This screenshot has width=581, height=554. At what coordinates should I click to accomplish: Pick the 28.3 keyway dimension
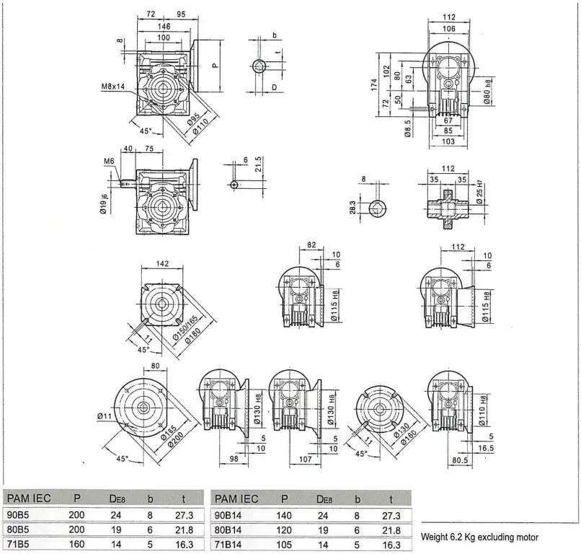point(353,208)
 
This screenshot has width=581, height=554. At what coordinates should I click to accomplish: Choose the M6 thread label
point(110,161)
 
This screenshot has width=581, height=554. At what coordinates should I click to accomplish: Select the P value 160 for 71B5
point(76,545)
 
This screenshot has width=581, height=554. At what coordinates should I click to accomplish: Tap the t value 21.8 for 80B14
point(391,530)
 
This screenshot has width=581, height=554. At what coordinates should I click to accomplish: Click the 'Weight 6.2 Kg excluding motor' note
point(479,537)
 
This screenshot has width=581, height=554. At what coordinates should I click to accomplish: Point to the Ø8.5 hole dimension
point(409,128)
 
